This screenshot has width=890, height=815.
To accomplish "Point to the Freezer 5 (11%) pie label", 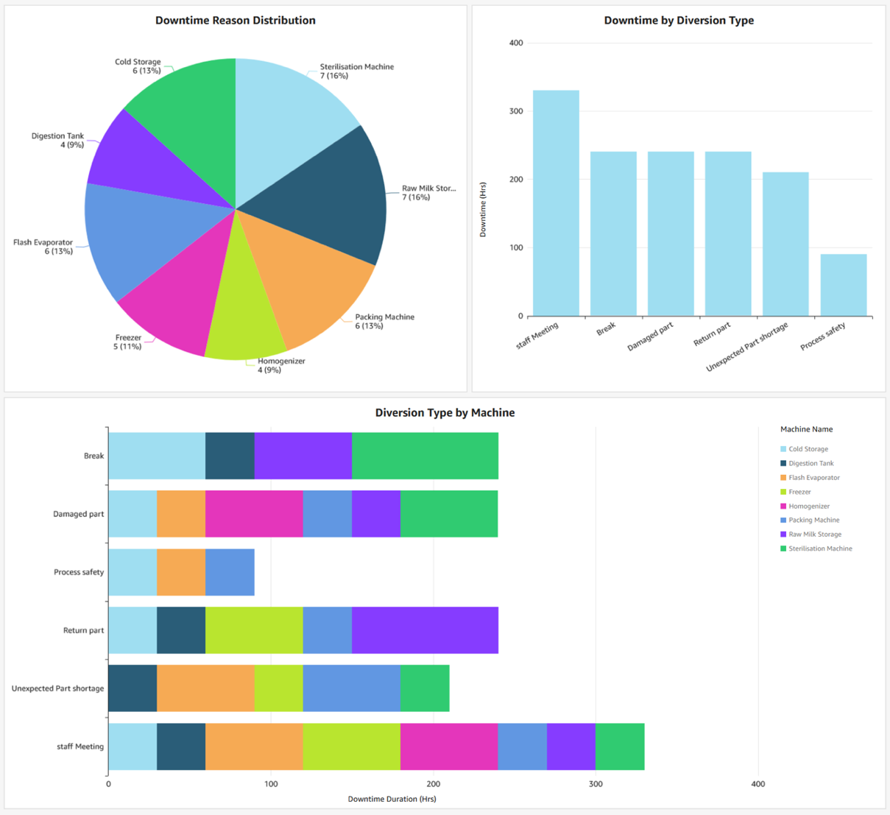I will (x=127, y=342).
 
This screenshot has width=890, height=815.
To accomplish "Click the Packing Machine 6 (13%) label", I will (x=384, y=322).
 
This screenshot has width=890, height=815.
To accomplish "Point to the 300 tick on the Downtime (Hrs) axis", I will (x=516, y=111).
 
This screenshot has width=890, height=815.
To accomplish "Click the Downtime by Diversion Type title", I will (x=678, y=21).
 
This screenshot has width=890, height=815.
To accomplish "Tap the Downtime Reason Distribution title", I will (x=235, y=21).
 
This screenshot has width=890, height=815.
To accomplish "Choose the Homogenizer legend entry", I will (x=808, y=507).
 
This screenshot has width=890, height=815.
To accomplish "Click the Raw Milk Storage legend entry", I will (x=814, y=534).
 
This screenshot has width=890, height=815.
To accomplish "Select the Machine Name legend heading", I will (x=806, y=429).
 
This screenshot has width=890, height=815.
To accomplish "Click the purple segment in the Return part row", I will (x=425, y=630).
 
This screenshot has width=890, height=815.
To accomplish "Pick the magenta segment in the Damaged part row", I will (x=254, y=514).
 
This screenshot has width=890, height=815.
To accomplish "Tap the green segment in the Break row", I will (x=425, y=456).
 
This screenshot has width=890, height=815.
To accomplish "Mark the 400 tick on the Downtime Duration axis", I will (x=757, y=784).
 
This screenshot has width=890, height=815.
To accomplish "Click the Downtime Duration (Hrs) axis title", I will (x=392, y=799).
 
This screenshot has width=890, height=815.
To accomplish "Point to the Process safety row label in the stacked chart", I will (x=79, y=572).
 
